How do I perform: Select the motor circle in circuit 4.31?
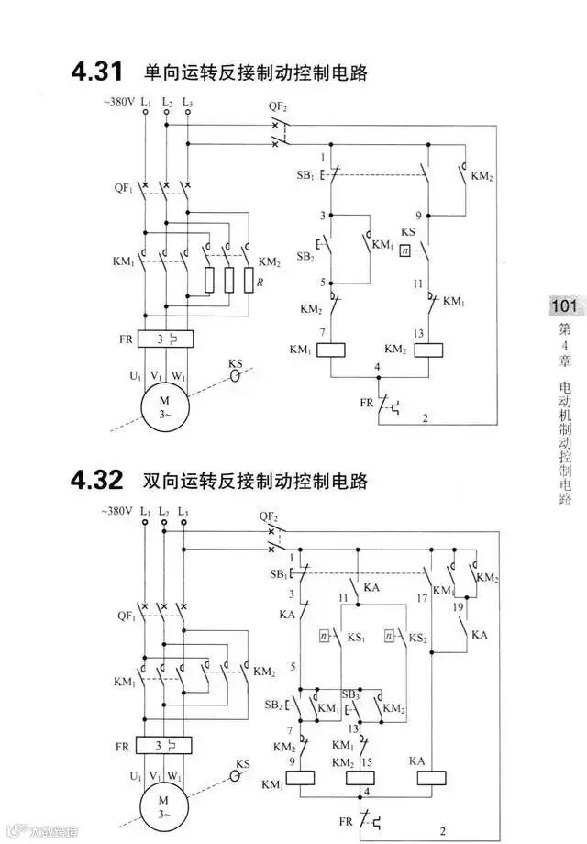pyautogui.click(x=166, y=407)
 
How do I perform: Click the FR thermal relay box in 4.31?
pyautogui.click(x=165, y=339)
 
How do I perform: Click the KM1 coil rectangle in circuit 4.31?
pyautogui.click(x=329, y=350)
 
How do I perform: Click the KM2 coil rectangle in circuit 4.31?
pyautogui.click(x=429, y=350)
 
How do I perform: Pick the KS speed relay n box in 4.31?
pyautogui.click(x=405, y=250)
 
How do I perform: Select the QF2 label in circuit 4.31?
pyautogui.click(x=279, y=106)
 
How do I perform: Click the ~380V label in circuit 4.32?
pyautogui.click(x=117, y=511)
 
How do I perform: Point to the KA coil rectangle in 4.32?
pyautogui.click(x=430, y=775)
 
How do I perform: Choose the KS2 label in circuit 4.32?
pyautogui.click(x=417, y=636)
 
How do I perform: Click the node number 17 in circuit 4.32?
pyautogui.click(x=421, y=597)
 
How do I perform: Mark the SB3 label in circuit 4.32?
pyautogui.click(x=349, y=694)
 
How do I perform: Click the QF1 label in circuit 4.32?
pyautogui.click(x=124, y=616)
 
